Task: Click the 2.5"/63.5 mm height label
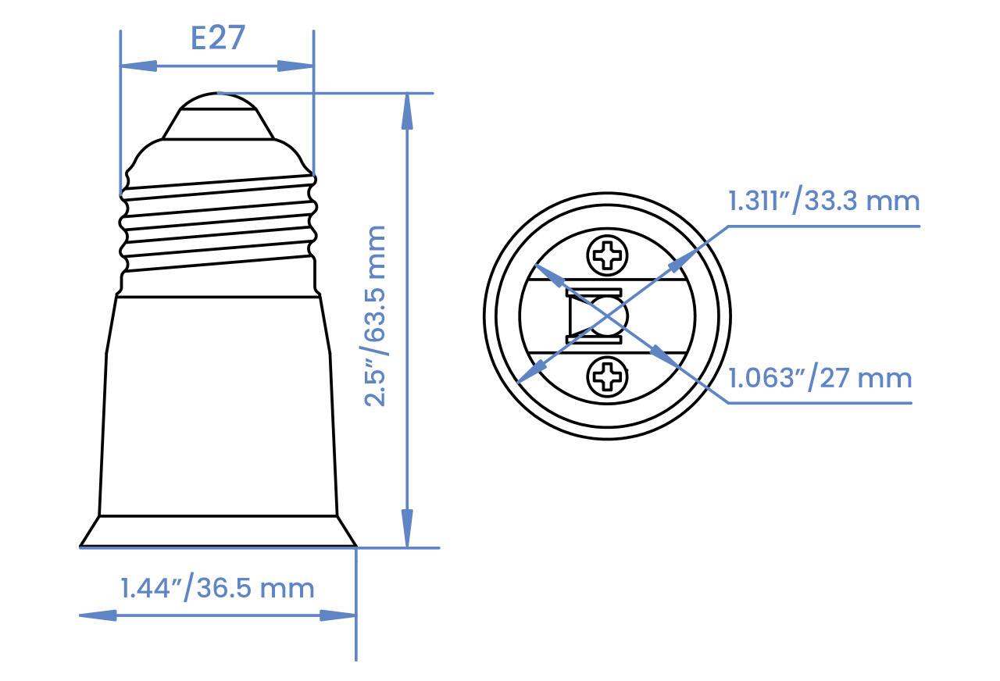[377, 316]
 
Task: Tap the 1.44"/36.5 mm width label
[217, 587]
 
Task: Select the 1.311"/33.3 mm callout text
[824, 201]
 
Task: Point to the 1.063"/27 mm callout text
[820, 379]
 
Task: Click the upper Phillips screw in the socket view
[607, 255]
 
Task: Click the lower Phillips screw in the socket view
[607, 377]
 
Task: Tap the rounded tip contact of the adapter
[217, 105]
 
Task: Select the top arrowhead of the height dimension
[407, 110]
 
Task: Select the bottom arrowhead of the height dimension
[407, 530]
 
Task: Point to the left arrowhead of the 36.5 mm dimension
[97, 615]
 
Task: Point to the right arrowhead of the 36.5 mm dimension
[339, 615]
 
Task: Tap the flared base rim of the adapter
[218, 532]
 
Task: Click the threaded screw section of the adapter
[219, 226]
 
